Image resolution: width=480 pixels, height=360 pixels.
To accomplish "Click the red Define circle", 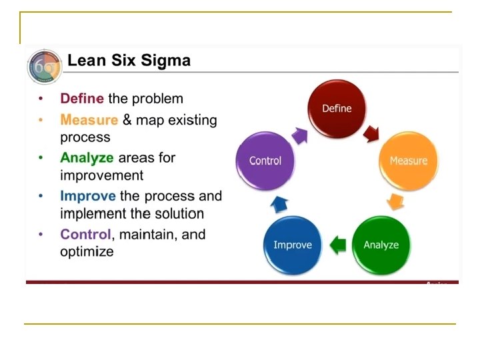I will point(337,109).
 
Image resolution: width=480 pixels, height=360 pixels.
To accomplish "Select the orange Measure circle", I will point(408,161).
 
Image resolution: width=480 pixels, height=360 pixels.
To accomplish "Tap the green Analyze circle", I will point(381,245).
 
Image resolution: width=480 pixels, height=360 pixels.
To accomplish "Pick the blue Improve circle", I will point(292,245).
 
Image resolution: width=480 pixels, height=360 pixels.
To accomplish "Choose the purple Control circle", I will point(265,161).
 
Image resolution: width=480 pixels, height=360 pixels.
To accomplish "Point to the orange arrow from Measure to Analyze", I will point(396,202).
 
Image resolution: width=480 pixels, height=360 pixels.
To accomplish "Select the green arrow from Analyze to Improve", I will point(339,245).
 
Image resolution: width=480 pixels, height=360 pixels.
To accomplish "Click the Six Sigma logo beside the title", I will point(44,67).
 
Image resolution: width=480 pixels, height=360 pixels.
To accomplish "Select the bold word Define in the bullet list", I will point(81,99).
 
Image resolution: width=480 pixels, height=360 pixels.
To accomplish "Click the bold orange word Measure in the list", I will point(89,120).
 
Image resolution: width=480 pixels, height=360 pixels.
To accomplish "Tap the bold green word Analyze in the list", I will point(87,158).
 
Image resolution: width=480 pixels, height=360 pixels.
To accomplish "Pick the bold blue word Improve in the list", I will point(87,197).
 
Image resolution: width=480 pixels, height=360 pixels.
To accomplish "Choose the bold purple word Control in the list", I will point(85,235).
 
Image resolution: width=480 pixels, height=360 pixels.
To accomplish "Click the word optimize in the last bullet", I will point(87,252).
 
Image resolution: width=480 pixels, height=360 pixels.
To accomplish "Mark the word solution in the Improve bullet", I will point(178,214).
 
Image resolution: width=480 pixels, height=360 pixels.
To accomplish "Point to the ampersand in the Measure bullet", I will point(127,120).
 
